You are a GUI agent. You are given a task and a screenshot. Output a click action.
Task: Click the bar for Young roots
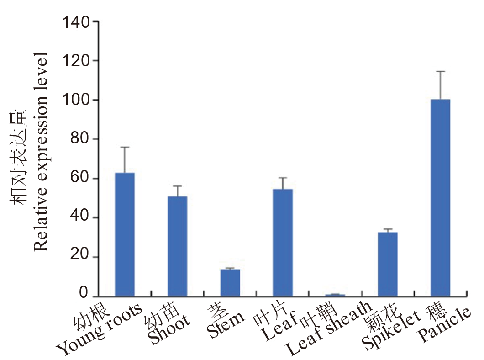pos(125,234)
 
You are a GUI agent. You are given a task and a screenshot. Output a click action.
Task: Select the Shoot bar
pos(177,246)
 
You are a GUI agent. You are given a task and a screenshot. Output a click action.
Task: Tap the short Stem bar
pos(230,283)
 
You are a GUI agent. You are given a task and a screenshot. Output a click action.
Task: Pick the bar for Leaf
pos(283,243)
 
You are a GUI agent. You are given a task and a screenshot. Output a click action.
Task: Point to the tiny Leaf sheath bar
pos(335,295)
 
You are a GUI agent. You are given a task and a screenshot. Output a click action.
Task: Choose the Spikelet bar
pos(388,264)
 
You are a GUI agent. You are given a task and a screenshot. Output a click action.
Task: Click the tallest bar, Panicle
pos(440,197)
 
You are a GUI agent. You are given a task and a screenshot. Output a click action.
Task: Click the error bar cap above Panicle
pos(440,71)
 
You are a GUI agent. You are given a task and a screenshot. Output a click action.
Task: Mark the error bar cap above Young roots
pos(125,147)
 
